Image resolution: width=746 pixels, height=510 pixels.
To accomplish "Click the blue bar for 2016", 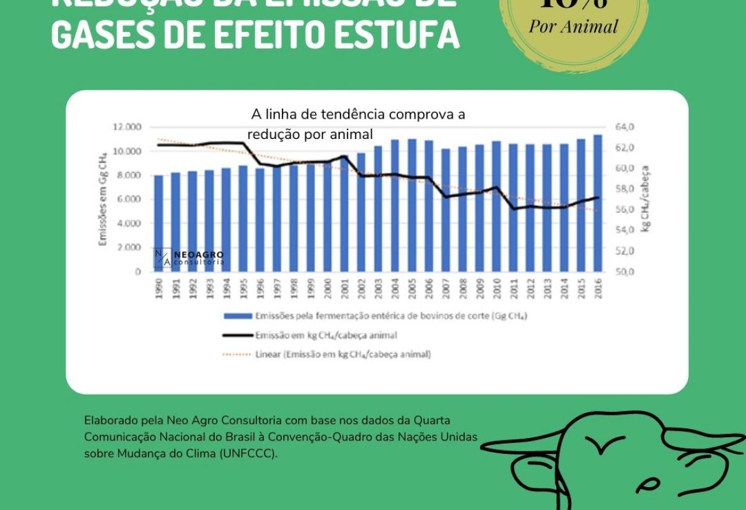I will coord(597,203).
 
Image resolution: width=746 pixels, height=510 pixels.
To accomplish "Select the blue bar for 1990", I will coord(159,223).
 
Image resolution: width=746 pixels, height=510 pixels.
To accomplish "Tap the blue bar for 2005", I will coord(412,205).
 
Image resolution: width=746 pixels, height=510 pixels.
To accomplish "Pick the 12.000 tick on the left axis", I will coord(128,127).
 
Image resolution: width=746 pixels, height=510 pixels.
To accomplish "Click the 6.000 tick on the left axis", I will coord(129,200).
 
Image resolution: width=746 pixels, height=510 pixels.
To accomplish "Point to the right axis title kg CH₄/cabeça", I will coord(645,199).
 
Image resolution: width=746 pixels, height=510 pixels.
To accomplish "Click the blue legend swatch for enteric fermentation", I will coord(237,316).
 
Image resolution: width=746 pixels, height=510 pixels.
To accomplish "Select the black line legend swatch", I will coord(237,335).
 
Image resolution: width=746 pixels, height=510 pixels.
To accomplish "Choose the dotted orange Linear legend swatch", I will coord(237,354).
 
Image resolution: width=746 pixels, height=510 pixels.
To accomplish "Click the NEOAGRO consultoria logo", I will coord(189,258).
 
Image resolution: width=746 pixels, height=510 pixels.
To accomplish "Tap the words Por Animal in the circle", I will coord(573,26).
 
